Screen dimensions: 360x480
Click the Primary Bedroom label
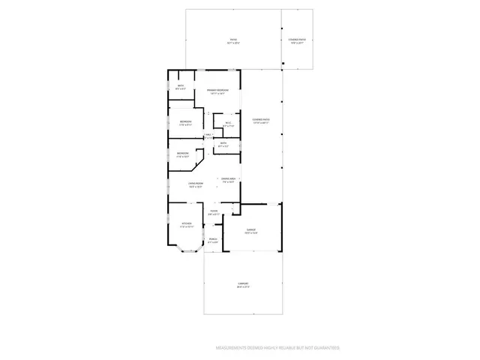coord(218,90)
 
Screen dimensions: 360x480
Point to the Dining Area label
coord(227,178)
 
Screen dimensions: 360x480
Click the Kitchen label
coord(186,223)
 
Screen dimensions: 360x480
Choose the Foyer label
coord(214,211)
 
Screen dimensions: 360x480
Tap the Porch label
coord(213,239)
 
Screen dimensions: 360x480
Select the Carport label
coord(242,283)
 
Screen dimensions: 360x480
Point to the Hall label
coord(208,134)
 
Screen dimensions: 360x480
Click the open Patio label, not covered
coord(233,40)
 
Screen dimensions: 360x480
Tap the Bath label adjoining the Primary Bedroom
coord(181,86)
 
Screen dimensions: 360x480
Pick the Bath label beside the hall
coord(223,143)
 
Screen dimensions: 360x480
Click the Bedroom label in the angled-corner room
coord(183,154)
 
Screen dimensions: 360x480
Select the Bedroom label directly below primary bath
coord(185,121)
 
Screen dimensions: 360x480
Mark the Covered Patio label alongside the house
coord(261,119)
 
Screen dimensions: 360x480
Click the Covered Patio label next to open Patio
coord(297,40)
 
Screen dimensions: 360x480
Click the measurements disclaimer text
coord(277,348)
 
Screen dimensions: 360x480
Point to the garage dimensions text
coord(251,233)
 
